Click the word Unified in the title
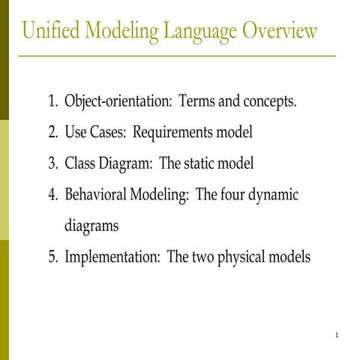point(50,31)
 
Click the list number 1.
point(52,101)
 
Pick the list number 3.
point(52,163)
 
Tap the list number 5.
point(52,256)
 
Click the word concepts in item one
point(270,102)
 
